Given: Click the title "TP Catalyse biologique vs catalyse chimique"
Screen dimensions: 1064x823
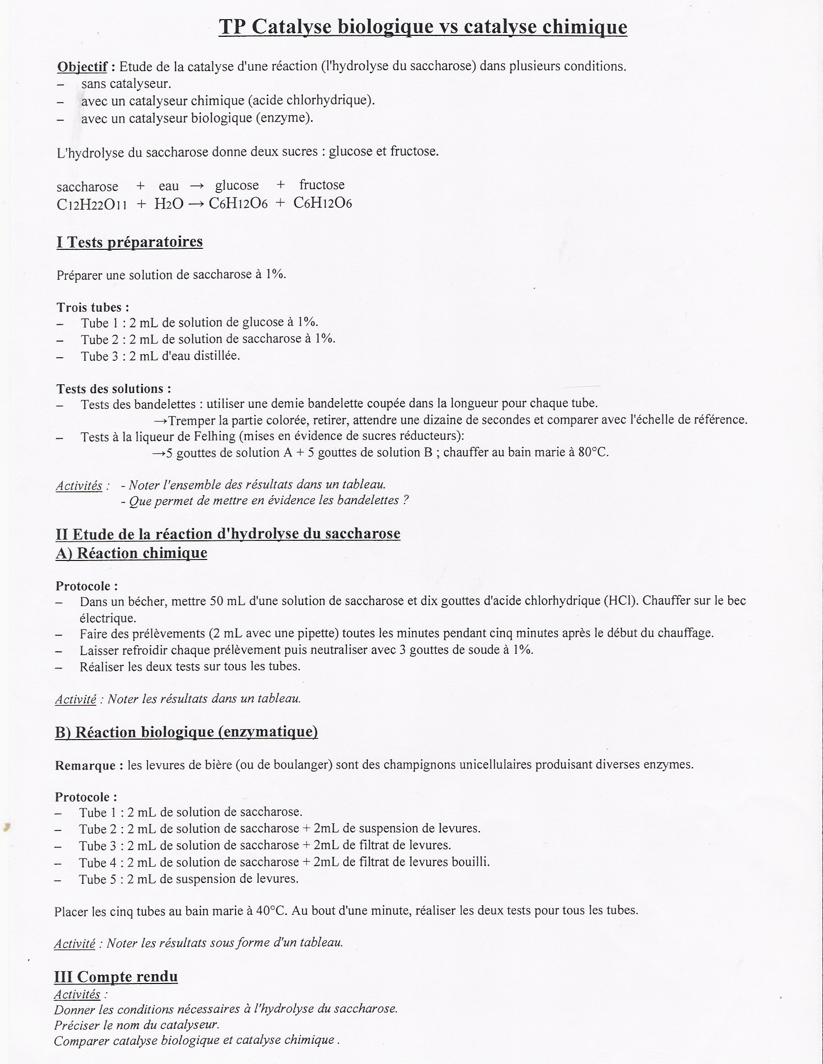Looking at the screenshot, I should pyautogui.click(x=423, y=27).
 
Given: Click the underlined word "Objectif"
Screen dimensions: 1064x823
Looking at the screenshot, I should pyautogui.click(x=82, y=66).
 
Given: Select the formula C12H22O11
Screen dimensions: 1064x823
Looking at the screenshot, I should pyautogui.click(x=92, y=204).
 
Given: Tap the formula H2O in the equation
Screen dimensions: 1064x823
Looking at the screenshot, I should pyautogui.click(x=168, y=204).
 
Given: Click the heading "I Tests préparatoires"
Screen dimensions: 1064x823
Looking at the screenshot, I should pyautogui.click(x=129, y=242).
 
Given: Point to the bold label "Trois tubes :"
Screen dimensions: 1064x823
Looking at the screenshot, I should pyautogui.click(x=93, y=307).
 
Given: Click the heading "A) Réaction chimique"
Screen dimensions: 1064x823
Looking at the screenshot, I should pyautogui.click(x=131, y=553).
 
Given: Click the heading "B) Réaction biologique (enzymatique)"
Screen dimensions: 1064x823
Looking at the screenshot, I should pyautogui.click(x=186, y=732).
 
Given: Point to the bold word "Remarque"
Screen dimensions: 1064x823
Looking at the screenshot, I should pyautogui.click(x=85, y=765).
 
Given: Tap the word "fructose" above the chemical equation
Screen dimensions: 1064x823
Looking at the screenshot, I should pyautogui.click(x=322, y=185).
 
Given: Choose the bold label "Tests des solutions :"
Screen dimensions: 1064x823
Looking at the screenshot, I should pyautogui.click(x=114, y=389).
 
